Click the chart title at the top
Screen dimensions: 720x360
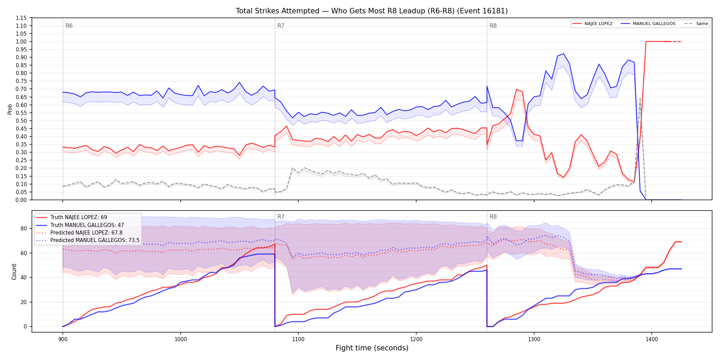(x=372, y=11)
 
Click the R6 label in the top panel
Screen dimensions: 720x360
(x=69, y=26)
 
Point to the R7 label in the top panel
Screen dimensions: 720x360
(x=281, y=26)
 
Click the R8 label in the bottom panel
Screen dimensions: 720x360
(x=493, y=217)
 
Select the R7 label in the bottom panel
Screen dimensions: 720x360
(x=281, y=217)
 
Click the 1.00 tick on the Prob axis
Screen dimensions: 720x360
(x=21, y=41)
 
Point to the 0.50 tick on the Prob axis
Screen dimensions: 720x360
(x=21, y=121)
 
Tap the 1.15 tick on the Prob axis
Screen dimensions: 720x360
(x=21, y=18)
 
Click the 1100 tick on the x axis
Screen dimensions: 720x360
(x=298, y=339)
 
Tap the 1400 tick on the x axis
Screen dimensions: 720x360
(x=652, y=339)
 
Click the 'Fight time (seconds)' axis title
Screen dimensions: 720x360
(x=372, y=348)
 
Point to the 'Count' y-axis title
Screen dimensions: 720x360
(x=14, y=272)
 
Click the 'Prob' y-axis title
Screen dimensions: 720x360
(x=10, y=109)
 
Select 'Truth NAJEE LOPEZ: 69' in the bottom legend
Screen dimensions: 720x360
(x=79, y=217)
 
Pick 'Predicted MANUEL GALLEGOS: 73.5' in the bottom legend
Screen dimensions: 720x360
(x=95, y=240)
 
